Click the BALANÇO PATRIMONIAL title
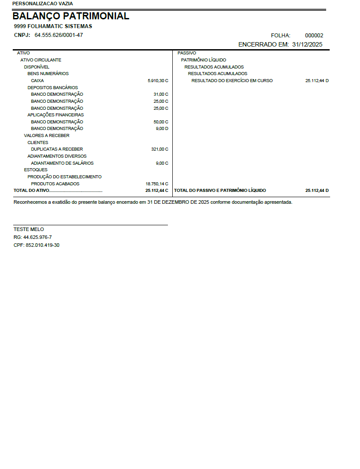pyautogui.click(x=71, y=16)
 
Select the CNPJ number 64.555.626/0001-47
pyautogui.click(x=59, y=35)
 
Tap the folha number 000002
pyautogui.click(x=314, y=36)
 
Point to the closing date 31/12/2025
pyautogui.click(x=307, y=44)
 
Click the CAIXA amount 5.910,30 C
pyautogui.click(x=158, y=81)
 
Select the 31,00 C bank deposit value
pyautogui.click(x=161, y=94)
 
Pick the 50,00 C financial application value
pyautogui.click(x=161, y=122)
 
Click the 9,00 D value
pyautogui.click(x=162, y=129)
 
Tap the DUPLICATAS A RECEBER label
pyautogui.click(x=57, y=149)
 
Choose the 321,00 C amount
pyautogui.click(x=160, y=149)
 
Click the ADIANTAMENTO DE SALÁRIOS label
pyautogui.click(x=62, y=163)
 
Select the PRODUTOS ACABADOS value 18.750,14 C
pyautogui.click(x=157, y=184)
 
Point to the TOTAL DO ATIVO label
pyautogui.click(x=32, y=191)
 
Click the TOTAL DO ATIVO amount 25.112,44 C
pyautogui.click(x=157, y=191)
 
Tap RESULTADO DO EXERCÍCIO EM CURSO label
pyautogui.click(x=232, y=81)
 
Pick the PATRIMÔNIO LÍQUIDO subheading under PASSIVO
pyautogui.click(x=204, y=60)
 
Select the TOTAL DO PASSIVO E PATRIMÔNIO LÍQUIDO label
pyautogui.click(x=220, y=191)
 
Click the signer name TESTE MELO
pyautogui.click(x=29, y=229)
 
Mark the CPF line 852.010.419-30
pyautogui.click(x=36, y=245)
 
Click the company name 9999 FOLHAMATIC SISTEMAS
pyautogui.click(x=53, y=26)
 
